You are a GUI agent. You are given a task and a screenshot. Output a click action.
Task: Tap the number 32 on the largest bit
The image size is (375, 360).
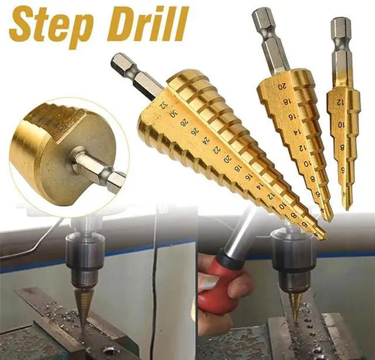click(162, 106)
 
